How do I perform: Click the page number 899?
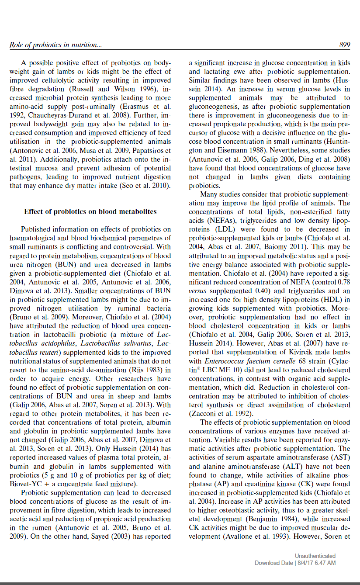(344, 45)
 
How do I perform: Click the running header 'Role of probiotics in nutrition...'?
(56, 45)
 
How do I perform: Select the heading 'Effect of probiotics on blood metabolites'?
(90, 212)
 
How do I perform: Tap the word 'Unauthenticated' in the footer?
(315, 556)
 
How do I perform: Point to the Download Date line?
(295, 563)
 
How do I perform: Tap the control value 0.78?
(344, 282)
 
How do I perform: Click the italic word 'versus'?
(197, 291)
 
